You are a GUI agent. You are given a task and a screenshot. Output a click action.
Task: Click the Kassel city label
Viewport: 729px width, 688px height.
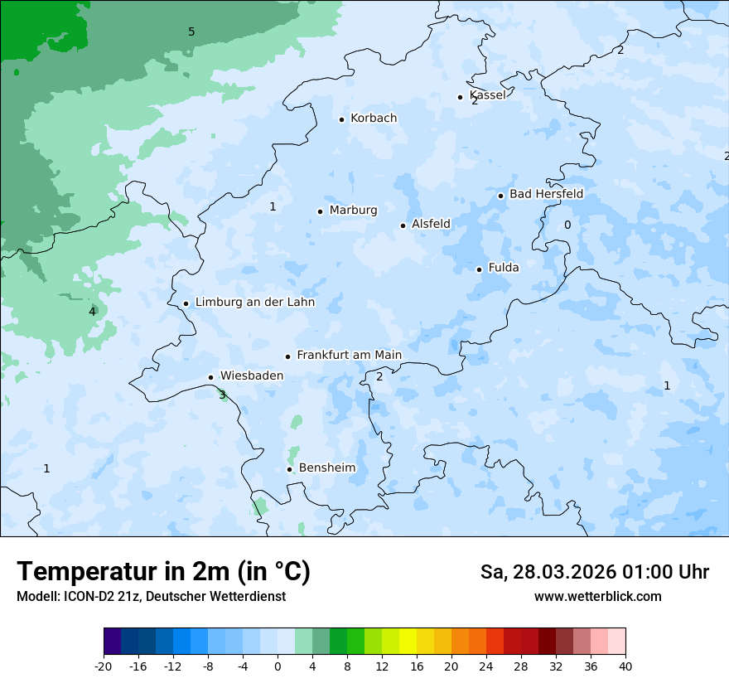click(487, 95)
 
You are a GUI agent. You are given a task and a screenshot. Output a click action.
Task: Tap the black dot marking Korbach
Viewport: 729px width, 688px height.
click(341, 119)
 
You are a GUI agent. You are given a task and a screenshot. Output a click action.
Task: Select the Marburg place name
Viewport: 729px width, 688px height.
click(353, 211)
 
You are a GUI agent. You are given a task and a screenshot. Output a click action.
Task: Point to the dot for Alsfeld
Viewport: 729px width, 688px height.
click(403, 225)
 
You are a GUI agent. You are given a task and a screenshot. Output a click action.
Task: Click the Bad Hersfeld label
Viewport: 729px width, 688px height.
click(546, 195)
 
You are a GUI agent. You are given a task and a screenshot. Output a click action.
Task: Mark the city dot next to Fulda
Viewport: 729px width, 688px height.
click(479, 269)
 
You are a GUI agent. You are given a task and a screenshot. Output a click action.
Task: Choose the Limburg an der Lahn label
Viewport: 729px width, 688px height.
click(254, 303)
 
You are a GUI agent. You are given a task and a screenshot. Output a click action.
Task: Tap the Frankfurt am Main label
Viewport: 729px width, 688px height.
click(349, 356)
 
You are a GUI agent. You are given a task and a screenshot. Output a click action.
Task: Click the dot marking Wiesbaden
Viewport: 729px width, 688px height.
click(210, 377)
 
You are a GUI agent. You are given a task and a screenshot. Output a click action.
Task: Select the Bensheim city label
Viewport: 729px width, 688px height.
click(326, 468)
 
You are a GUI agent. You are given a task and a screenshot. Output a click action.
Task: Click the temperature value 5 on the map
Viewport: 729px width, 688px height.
click(191, 32)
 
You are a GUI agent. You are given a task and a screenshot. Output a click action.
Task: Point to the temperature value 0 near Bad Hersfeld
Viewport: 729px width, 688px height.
click(567, 225)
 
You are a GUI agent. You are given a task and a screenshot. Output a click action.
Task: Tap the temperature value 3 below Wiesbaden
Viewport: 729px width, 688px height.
click(222, 395)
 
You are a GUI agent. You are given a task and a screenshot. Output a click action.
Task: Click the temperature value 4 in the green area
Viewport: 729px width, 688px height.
click(92, 312)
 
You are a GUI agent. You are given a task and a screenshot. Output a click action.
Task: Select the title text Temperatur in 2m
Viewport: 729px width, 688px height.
click(163, 572)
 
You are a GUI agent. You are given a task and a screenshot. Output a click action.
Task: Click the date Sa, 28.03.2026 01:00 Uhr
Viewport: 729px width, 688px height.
click(594, 572)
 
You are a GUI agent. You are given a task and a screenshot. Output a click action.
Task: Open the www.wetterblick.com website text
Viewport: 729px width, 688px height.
click(597, 597)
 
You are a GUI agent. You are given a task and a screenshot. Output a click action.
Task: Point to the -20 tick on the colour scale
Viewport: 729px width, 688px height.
click(104, 666)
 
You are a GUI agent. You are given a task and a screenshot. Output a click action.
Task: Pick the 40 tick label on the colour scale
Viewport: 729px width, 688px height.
click(625, 666)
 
